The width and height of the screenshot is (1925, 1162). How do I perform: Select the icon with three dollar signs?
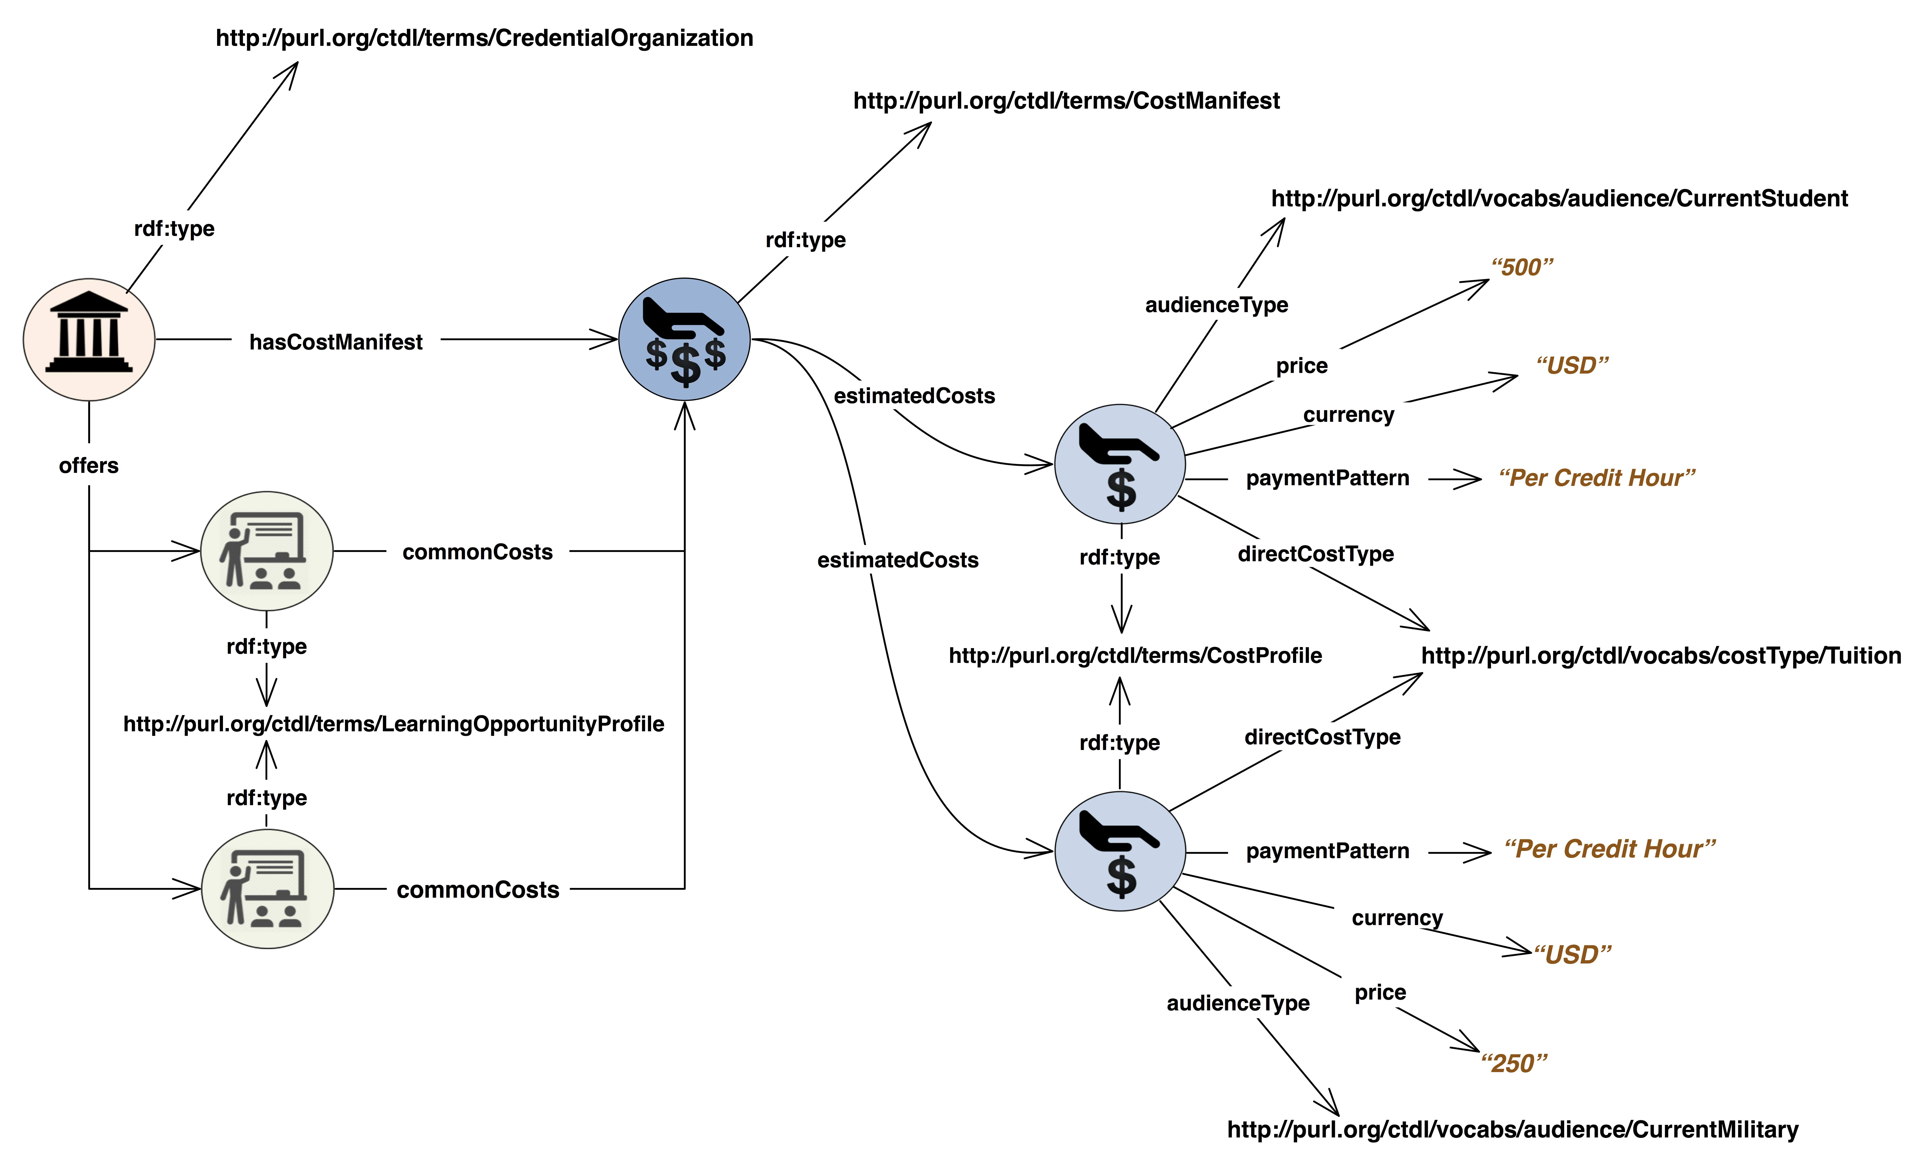coord(684,339)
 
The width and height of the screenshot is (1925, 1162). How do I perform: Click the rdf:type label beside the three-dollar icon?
coord(805,239)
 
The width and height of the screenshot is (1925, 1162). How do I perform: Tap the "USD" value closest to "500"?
coord(1572,365)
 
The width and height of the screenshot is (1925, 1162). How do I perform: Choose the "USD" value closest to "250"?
coord(1572,954)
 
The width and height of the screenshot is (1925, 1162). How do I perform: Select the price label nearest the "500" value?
coord(1301,365)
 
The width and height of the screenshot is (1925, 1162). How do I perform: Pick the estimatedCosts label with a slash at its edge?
coord(914,396)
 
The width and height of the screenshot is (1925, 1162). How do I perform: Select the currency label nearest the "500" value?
coord(1348,414)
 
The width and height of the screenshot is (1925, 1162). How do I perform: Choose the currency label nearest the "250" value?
coord(1397,917)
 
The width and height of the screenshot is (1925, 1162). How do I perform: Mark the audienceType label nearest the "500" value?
coord(1216,304)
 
